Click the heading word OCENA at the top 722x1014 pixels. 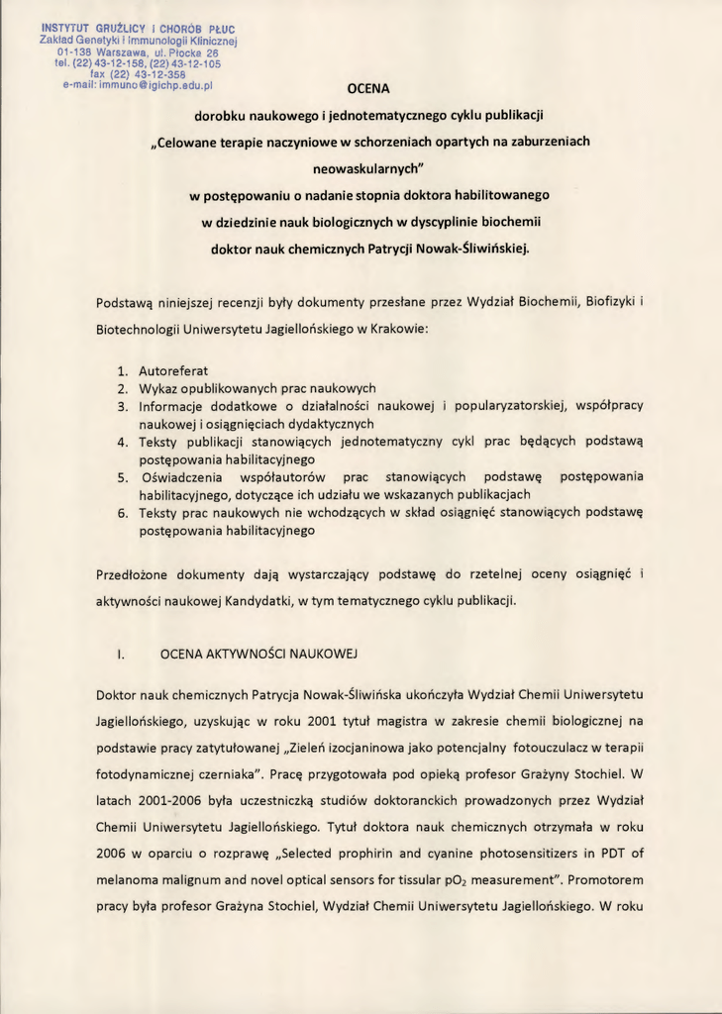tap(368, 88)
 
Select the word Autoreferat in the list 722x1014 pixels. tap(173, 370)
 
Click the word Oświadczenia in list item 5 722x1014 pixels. tap(184, 476)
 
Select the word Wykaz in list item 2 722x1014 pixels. tap(158, 388)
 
